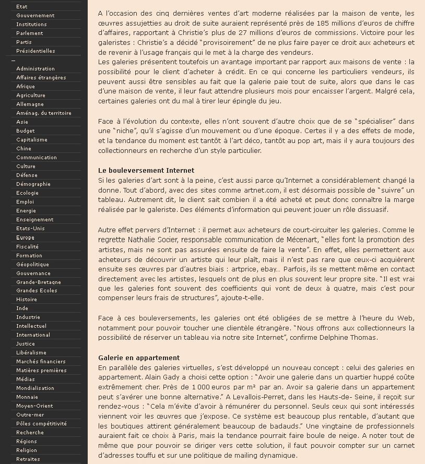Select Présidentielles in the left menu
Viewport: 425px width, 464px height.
[x=36, y=51]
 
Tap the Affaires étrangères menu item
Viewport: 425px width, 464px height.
[x=41, y=78]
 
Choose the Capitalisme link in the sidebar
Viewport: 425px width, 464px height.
[x=31, y=140]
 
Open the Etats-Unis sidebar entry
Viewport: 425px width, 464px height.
[x=30, y=229]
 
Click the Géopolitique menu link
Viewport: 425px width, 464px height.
[x=32, y=264]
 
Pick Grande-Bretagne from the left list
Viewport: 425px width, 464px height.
[x=38, y=282]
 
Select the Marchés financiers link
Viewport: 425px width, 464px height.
[x=41, y=362]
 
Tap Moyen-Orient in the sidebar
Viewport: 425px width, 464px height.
[x=34, y=406]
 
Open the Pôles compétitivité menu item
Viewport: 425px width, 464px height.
[x=41, y=424]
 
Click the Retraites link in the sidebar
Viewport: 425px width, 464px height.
[x=28, y=459]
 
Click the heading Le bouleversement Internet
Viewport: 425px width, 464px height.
[x=146, y=171]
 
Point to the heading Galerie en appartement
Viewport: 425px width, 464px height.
[x=138, y=358]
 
